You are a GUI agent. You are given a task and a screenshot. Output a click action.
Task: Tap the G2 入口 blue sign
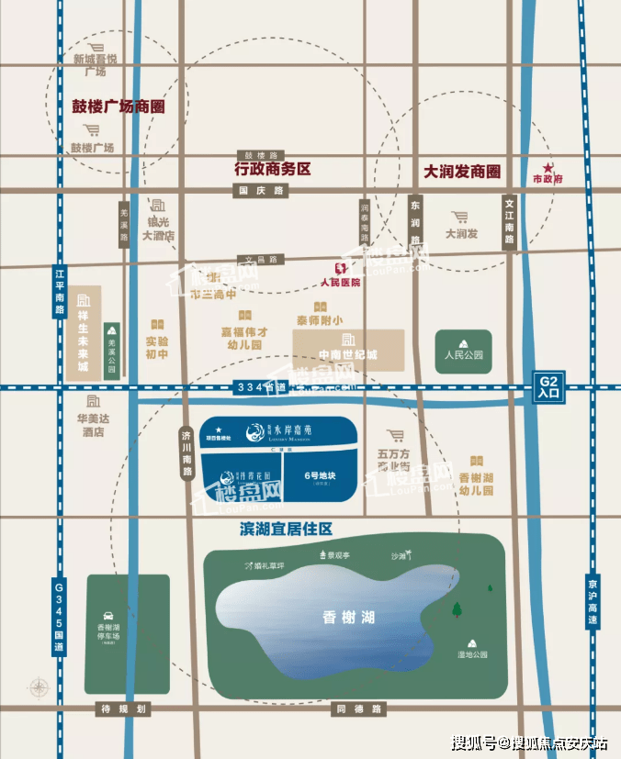[x=548, y=387]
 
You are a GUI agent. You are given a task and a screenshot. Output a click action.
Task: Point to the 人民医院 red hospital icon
[x=339, y=268]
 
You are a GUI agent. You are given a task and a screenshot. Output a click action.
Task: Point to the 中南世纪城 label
[x=348, y=354]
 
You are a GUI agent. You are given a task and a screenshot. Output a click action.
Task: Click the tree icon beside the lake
[x=457, y=608]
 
